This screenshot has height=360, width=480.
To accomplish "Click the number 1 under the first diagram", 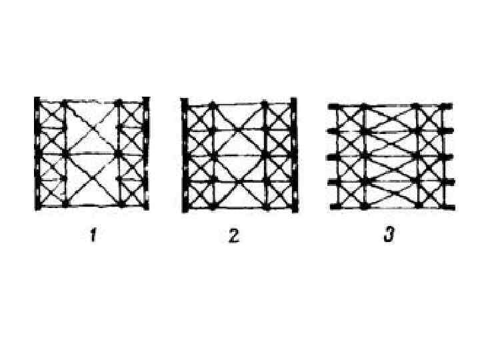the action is point(93,236).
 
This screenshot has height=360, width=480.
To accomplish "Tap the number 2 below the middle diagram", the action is point(233,236).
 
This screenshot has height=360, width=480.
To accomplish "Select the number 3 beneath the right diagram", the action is point(388,236).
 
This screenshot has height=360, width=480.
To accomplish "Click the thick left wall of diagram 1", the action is point(37,153).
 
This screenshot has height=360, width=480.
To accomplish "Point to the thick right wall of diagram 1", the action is point(146,153).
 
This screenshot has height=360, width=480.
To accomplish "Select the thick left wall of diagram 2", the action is point(185,155).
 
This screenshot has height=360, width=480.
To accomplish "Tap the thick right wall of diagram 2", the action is point(293,155).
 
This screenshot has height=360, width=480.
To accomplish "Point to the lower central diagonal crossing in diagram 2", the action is point(238,180).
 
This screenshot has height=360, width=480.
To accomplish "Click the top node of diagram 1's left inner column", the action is point(65,104).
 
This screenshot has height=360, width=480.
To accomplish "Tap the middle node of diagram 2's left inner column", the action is point(212,155).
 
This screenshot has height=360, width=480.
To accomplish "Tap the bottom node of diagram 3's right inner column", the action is point(417,207).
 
